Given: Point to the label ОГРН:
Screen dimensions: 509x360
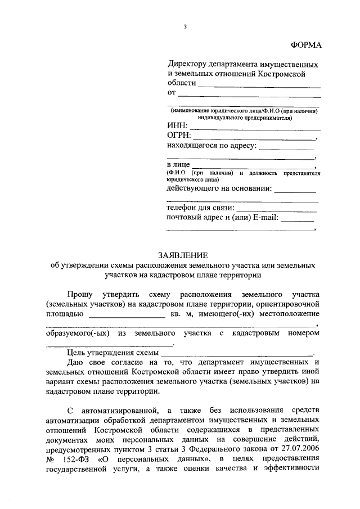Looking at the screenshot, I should pos(179,136).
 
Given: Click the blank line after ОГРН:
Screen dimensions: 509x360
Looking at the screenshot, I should pos(254,138).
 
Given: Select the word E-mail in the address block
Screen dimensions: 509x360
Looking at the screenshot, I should pos(264,218).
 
